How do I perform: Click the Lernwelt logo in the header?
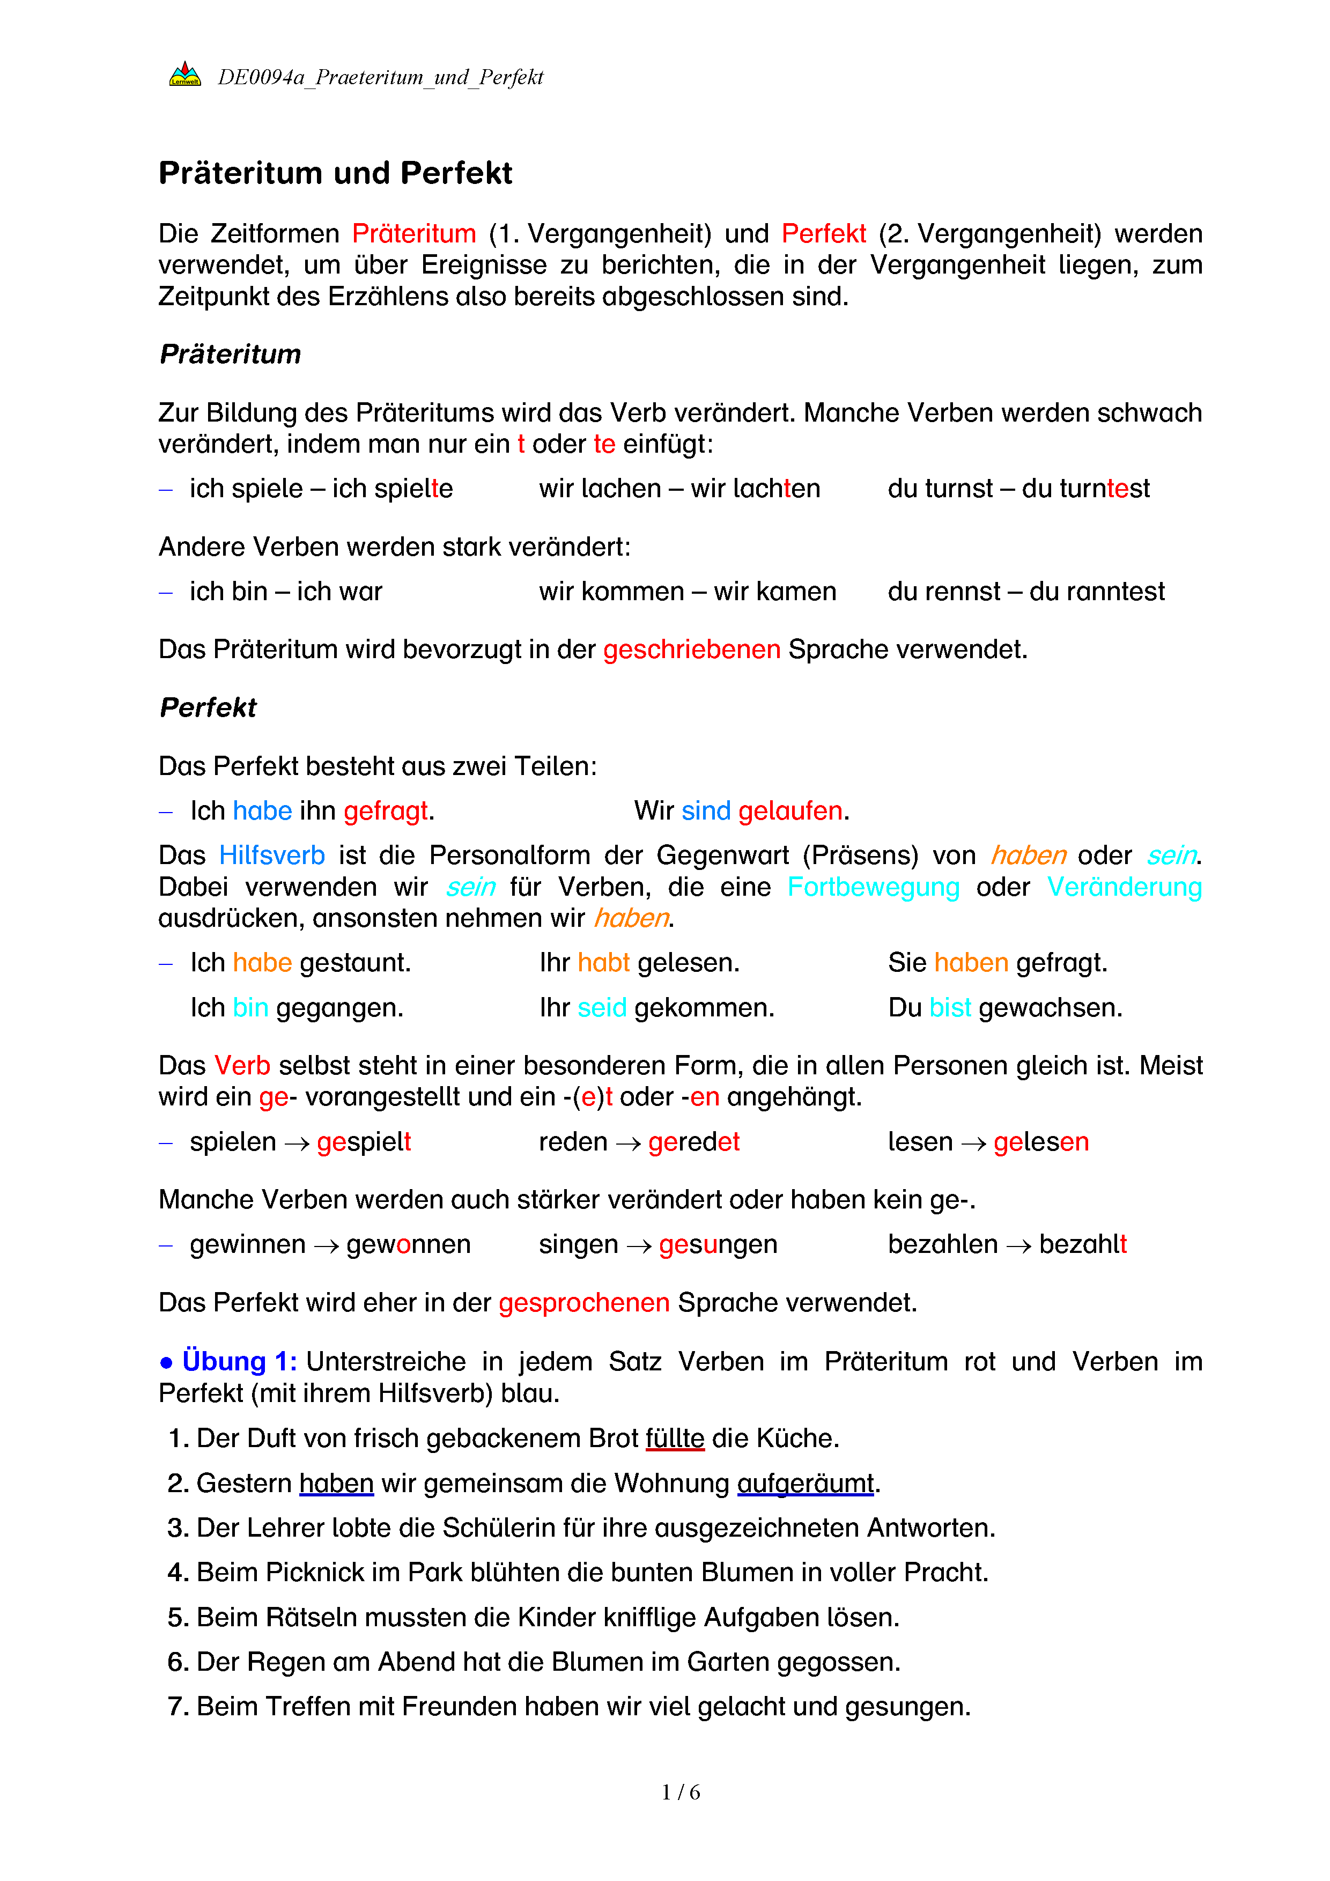(x=185, y=75)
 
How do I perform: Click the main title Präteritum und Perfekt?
(x=335, y=173)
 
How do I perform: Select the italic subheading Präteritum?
(x=230, y=354)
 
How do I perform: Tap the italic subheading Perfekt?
(x=208, y=707)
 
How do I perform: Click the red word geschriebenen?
(x=691, y=650)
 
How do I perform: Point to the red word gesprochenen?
(x=584, y=1303)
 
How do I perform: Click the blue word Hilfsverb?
(x=272, y=855)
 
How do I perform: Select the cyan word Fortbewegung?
(x=873, y=887)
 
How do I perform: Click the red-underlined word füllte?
(x=675, y=1439)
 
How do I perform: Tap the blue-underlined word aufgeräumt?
(x=806, y=1484)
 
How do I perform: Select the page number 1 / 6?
(x=681, y=1793)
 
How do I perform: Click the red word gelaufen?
(x=790, y=811)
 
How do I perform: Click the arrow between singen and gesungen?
(x=639, y=1246)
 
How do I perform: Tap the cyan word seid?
(x=602, y=1008)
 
